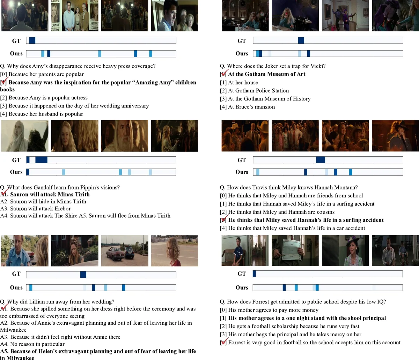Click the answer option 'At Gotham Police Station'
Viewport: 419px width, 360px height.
coord(258,91)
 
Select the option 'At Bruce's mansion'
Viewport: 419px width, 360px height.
coord(251,107)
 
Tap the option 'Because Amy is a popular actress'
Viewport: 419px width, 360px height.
coord(48,98)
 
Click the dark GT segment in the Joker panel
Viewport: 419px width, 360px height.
coord(301,41)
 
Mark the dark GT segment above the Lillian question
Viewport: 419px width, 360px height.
coord(83,275)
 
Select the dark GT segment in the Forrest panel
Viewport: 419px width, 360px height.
coord(254,274)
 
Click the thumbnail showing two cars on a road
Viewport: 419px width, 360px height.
coord(125,250)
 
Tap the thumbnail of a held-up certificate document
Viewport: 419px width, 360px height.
coord(295,250)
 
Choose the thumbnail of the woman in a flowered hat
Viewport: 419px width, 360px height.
coord(345,250)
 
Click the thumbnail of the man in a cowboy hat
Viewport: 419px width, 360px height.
coord(395,136)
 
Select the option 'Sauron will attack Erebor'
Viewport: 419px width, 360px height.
coord(40,209)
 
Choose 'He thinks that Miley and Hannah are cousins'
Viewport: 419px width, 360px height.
coord(281,212)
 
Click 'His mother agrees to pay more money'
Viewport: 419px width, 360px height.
coord(273,310)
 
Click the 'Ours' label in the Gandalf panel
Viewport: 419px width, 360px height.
coord(16,172)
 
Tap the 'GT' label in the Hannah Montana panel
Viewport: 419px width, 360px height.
coord(242,160)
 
